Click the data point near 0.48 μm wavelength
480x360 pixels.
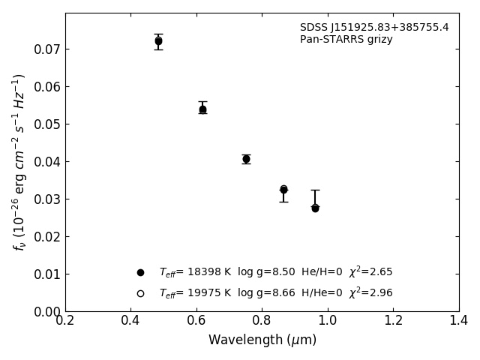point(158,41)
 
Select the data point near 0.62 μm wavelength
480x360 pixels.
point(202,109)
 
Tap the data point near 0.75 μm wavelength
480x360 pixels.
point(246,159)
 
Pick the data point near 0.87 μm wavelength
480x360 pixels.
point(283,190)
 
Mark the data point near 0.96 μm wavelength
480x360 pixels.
point(315,208)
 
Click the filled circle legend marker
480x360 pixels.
point(140,272)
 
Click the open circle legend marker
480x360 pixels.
point(140,293)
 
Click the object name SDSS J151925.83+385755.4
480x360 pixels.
point(374,28)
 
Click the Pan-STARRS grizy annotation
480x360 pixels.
point(346,40)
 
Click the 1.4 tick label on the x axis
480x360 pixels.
point(459,321)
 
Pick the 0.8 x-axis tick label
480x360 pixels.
point(262,321)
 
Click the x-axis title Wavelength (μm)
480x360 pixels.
point(262,340)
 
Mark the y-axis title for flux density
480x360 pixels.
point(19,162)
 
